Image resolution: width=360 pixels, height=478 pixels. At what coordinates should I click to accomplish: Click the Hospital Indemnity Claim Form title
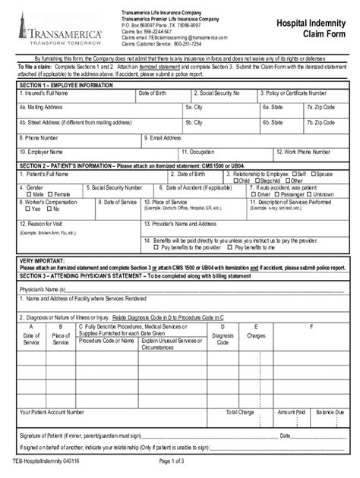[x=313, y=30]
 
